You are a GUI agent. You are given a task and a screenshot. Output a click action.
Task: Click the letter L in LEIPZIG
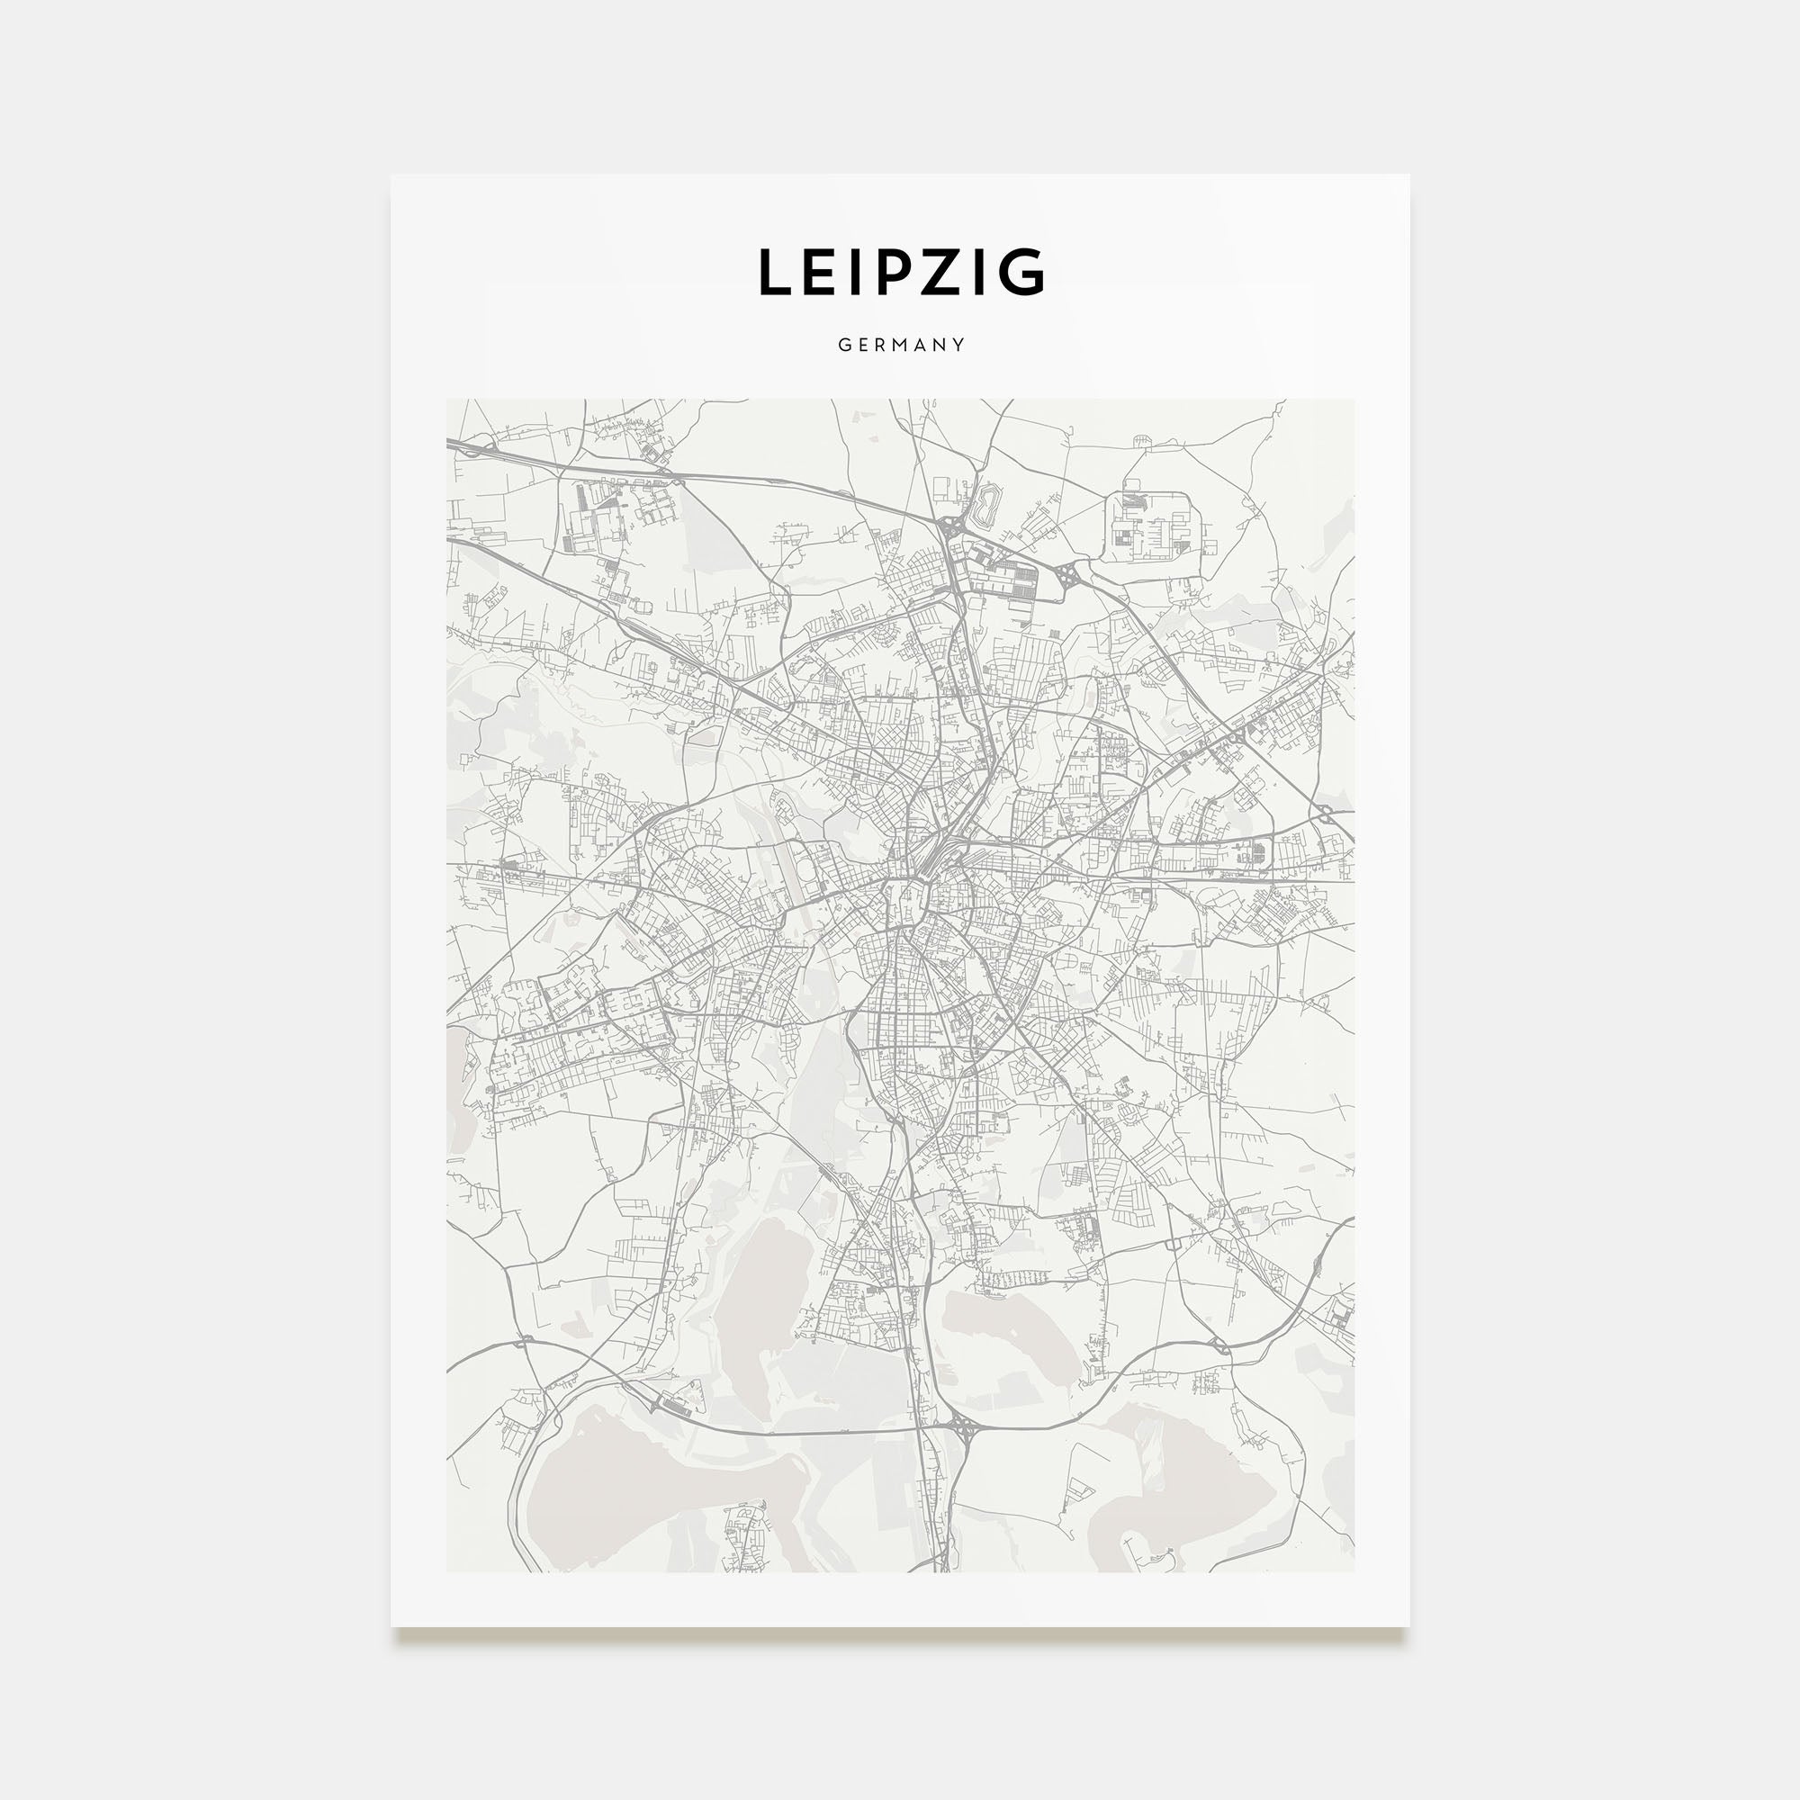tap(778, 272)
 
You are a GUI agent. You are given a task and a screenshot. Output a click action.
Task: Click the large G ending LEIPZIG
tap(1021, 272)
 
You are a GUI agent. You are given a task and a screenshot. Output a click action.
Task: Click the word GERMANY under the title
tap(901, 345)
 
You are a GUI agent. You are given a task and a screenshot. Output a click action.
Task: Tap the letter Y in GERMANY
tap(958, 345)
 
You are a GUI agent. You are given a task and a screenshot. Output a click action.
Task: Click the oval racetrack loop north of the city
tap(984, 504)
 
